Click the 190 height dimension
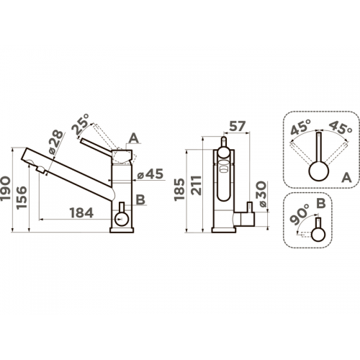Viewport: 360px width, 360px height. (x=6, y=189)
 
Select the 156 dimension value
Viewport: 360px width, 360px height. (x=22, y=197)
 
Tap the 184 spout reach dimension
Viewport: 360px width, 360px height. (x=81, y=213)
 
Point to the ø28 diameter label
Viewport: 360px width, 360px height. (x=55, y=143)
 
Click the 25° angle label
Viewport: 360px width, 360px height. (x=80, y=124)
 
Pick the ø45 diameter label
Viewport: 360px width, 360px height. (x=150, y=174)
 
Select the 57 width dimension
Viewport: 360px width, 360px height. (x=238, y=126)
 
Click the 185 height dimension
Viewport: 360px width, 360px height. (x=179, y=189)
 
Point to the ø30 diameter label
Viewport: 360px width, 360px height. (x=262, y=194)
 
